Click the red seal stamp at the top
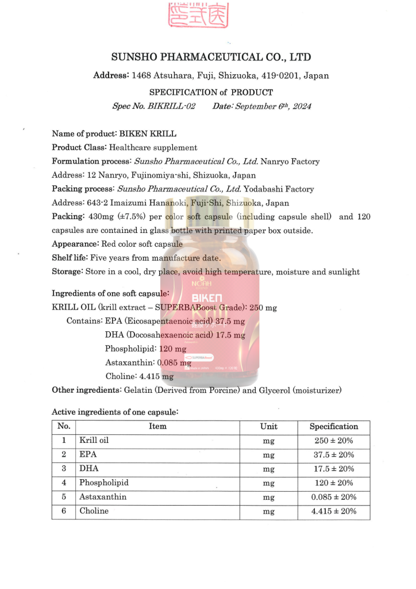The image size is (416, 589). [x=197, y=16]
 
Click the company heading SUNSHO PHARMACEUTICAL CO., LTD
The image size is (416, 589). [x=211, y=57]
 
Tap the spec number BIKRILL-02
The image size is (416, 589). [x=171, y=106]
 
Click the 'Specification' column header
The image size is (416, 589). [x=333, y=427]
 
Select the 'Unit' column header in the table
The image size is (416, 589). [x=268, y=427]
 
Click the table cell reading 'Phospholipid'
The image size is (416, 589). [x=104, y=483]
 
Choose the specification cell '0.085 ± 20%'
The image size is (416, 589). [x=333, y=497]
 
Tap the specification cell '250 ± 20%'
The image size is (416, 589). [x=333, y=441]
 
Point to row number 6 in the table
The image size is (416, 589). [x=64, y=511]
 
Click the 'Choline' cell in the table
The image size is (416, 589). [x=94, y=511]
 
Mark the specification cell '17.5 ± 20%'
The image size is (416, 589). [x=333, y=469]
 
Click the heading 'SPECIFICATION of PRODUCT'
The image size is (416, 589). [x=211, y=92]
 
